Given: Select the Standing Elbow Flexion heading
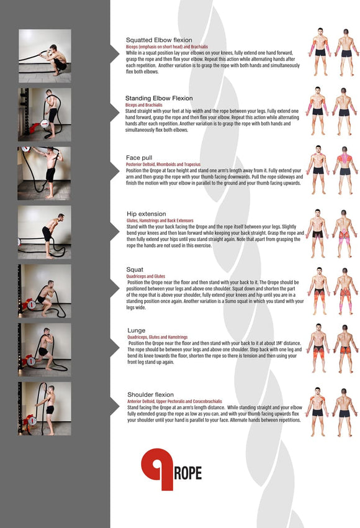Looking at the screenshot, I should click(159, 98).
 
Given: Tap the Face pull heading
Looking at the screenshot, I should click(140, 158).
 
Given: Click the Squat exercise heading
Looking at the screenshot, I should click(136, 270).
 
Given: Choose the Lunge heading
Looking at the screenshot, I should click(137, 330).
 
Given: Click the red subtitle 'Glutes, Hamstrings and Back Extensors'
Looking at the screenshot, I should click(160, 221).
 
